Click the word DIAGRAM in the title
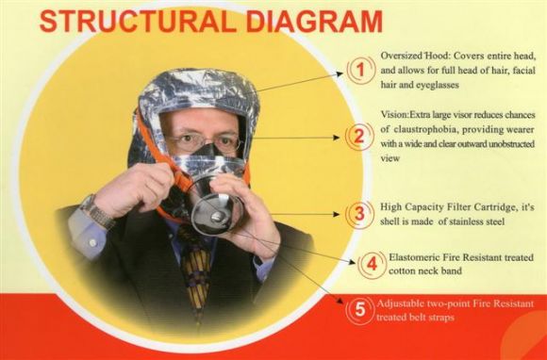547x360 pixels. click(x=314, y=22)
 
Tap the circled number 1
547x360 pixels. click(x=360, y=70)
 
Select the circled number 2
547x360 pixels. click(x=359, y=137)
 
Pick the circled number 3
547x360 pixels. click(x=359, y=214)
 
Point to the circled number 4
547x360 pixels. click(x=372, y=264)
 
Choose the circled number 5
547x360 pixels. click(x=359, y=310)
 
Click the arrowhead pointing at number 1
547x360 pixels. click(x=340, y=74)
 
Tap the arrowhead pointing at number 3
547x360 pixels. click(x=337, y=214)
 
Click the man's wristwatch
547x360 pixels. click(x=97, y=212)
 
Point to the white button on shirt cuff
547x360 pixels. click(x=92, y=242)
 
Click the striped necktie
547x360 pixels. click(x=196, y=269)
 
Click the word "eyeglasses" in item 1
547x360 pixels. click(x=438, y=85)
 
